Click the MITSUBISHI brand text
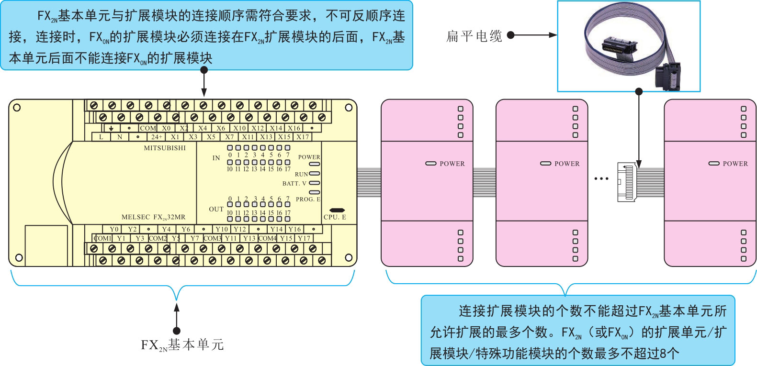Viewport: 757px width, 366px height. click(165, 148)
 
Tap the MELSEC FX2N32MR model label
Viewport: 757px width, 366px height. click(153, 217)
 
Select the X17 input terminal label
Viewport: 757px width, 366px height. click(303, 137)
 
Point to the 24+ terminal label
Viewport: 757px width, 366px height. click(157, 137)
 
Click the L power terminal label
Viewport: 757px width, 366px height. click(101, 137)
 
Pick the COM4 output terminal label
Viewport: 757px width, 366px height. click(267, 238)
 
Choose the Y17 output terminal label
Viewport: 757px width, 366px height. click(304, 238)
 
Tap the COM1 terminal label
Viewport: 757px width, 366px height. click(102, 238)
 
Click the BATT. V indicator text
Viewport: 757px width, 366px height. click(294, 183)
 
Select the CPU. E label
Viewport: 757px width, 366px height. click(335, 217)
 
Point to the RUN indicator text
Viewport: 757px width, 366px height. click(301, 174)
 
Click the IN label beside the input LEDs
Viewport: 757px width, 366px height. click(216, 158)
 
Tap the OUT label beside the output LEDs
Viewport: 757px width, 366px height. click(216, 209)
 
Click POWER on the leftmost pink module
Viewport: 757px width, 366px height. click(452, 164)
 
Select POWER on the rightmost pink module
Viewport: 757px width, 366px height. click(735, 164)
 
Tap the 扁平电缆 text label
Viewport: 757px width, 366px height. click(474, 36)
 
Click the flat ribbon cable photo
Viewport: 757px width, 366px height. click(628, 46)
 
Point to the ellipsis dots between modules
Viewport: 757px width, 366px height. click(601, 179)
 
